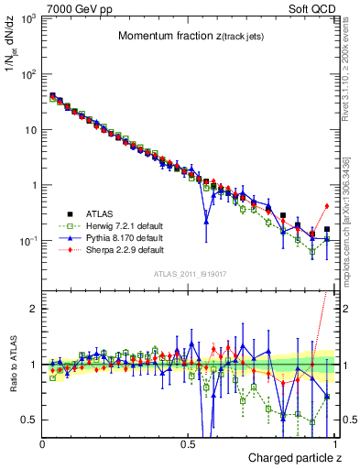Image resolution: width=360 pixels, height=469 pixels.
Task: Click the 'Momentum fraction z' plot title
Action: [191, 37]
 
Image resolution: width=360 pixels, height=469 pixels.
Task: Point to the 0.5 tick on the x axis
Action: [190, 443]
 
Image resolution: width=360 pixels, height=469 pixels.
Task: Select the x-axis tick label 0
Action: [43, 443]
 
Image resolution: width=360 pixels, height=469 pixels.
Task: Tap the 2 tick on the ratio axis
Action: [34, 309]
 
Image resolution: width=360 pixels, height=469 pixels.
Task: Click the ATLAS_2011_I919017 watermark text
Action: [191, 273]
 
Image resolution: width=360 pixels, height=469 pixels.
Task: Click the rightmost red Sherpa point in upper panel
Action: [327, 205]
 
